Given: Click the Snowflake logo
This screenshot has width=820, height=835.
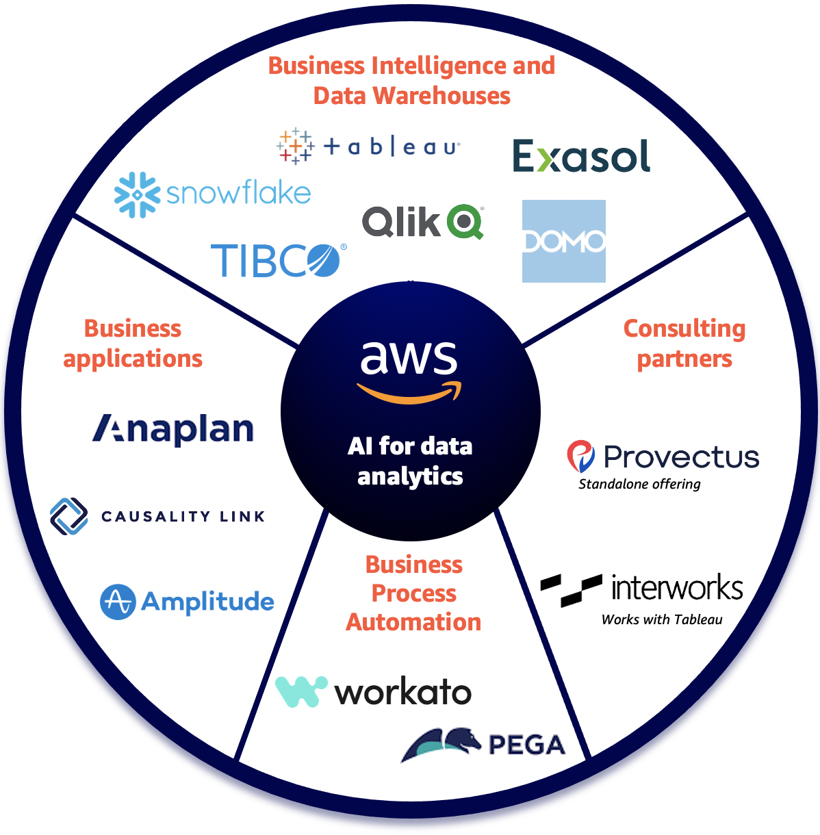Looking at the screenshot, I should pyautogui.click(x=212, y=194).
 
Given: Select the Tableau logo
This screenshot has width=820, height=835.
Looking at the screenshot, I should pyautogui.click(x=368, y=146).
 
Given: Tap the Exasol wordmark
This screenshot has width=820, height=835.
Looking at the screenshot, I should pyautogui.click(x=581, y=156).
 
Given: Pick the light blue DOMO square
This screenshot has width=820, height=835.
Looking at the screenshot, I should pyautogui.click(x=563, y=241).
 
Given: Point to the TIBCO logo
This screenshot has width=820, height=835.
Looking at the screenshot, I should pyautogui.click(x=278, y=261).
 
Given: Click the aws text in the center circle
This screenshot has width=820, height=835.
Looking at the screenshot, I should pyautogui.click(x=409, y=357).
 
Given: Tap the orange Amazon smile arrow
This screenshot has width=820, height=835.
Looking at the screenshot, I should pyautogui.click(x=409, y=393).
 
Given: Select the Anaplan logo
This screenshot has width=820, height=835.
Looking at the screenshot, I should pyautogui.click(x=173, y=430).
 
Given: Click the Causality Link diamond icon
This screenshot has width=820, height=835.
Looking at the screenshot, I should pyautogui.click(x=69, y=516).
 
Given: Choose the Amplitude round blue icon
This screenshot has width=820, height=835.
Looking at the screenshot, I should pyautogui.click(x=118, y=602).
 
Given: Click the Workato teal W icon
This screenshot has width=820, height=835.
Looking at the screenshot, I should pyautogui.click(x=300, y=691).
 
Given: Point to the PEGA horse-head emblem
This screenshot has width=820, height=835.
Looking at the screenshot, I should pyautogui.click(x=441, y=743).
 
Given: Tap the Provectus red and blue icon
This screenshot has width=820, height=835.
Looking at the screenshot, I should pyautogui.click(x=581, y=457).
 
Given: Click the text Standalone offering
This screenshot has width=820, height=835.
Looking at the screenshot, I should pyautogui.click(x=639, y=484).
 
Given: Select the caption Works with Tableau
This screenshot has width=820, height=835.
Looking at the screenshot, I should pyautogui.click(x=662, y=619).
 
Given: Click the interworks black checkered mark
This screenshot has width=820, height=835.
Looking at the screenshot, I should pyautogui.click(x=571, y=589).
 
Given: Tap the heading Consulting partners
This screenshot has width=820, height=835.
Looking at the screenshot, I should pyautogui.click(x=684, y=343).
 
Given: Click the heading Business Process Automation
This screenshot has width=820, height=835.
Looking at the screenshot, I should pyautogui.click(x=413, y=593).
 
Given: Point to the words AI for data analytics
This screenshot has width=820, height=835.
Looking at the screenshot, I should pyautogui.click(x=410, y=461).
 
